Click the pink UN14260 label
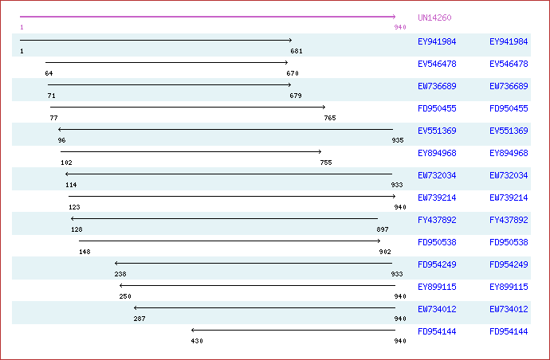pyautogui.click(x=434, y=18)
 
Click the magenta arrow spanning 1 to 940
pyautogui.click(x=207, y=17)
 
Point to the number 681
pyautogui.click(x=297, y=51)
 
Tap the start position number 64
pyautogui.click(x=49, y=73)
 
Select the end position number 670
pyautogui.click(x=293, y=73)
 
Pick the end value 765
pyautogui.click(x=330, y=118)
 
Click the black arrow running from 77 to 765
pyautogui.click(x=187, y=107)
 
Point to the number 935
pyautogui.click(x=397, y=140)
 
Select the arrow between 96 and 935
pyautogui.click(x=226, y=129)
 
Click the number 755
pyautogui.click(x=326, y=162)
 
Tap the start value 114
pyautogui.click(x=71, y=185)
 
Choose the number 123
pyautogui.click(x=73, y=207)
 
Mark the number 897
pyautogui.click(x=383, y=229)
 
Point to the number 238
pyautogui.click(x=120, y=274)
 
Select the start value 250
pyautogui.click(x=125, y=296)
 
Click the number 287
pyautogui.click(x=139, y=319)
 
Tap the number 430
pyautogui.click(x=197, y=341)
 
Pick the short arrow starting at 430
pyautogui.click(x=293, y=330)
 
